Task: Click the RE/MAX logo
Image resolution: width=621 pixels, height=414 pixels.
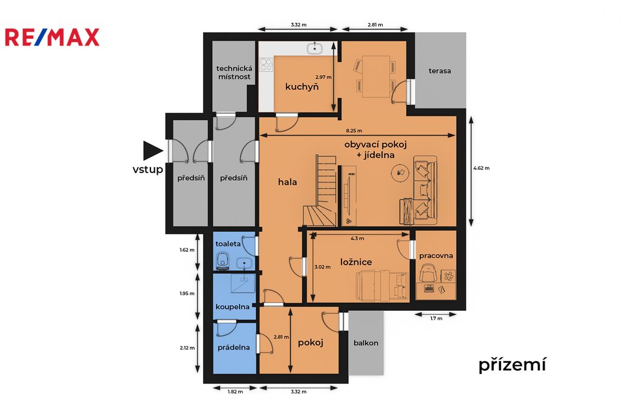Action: tap(52, 37)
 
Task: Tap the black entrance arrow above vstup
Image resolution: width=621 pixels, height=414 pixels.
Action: tap(152, 151)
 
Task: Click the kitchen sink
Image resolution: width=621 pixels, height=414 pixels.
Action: tap(315, 49)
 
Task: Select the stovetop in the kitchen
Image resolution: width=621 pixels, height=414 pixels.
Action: tap(266, 64)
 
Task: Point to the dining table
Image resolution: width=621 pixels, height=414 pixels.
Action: tap(375, 76)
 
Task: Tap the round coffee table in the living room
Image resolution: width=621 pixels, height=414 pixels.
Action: tap(400, 173)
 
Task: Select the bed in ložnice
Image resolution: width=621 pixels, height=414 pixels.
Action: tap(382, 285)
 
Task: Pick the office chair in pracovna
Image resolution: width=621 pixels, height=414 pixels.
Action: tap(428, 273)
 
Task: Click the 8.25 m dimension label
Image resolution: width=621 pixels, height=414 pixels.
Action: tap(354, 131)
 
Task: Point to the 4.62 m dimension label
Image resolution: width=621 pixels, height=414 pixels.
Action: tap(481, 168)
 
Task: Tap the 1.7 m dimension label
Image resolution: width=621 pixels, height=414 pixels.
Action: tap(436, 319)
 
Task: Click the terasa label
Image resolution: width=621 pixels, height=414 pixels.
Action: tap(440, 71)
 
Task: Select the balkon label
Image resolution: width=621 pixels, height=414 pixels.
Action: tap(366, 343)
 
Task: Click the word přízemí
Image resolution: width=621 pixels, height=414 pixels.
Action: tap(512, 364)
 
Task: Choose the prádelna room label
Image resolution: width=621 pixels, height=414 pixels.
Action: tap(233, 348)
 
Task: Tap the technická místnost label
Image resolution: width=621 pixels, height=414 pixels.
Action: tap(234, 73)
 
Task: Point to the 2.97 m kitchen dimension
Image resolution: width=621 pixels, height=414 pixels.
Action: tap(323, 77)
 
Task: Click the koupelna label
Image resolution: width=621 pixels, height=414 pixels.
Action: tap(232, 307)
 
